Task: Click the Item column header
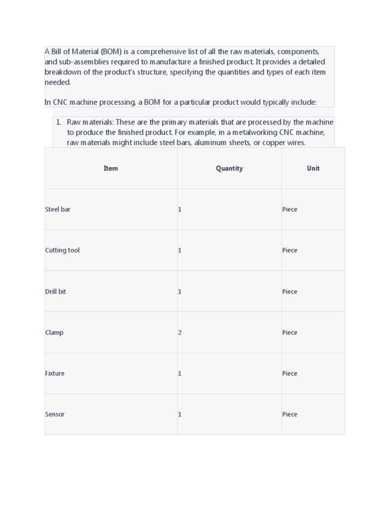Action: [111, 169]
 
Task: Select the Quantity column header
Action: [229, 169]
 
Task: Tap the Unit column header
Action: [313, 169]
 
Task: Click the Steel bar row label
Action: [58, 210]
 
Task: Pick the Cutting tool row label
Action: [62, 251]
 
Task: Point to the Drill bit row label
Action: [55, 292]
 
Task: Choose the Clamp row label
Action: [54, 333]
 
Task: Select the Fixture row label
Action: [55, 374]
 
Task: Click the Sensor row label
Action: [55, 415]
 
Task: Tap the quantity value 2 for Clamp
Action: [180, 333]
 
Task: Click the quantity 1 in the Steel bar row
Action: [180, 210]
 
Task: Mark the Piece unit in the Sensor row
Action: [290, 415]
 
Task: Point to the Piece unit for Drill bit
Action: [290, 292]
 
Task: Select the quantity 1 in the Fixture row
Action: [180, 374]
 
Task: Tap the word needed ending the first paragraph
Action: [58, 83]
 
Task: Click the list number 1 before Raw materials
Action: [58, 122]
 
